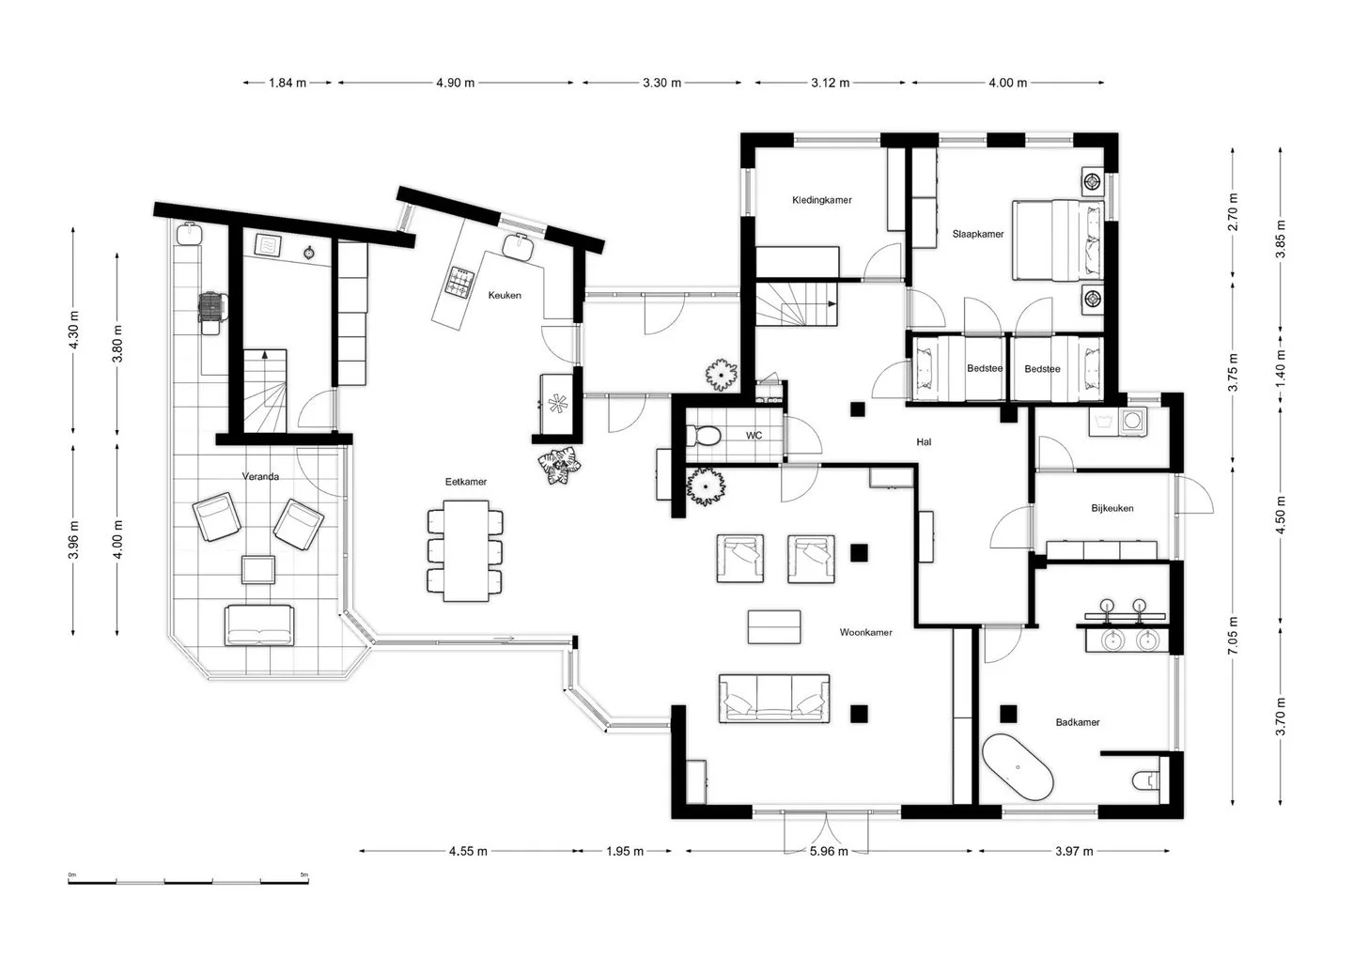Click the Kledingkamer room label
click(821, 200)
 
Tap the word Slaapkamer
click(978, 234)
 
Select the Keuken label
click(505, 295)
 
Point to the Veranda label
click(260, 476)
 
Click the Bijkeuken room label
click(1112, 508)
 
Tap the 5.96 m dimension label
click(829, 851)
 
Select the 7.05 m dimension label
click(1233, 635)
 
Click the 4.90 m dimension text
click(456, 83)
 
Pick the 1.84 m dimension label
click(288, 83)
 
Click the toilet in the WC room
click(703, 435)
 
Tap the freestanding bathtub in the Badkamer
click(1019, 767)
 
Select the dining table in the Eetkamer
click(466, 550)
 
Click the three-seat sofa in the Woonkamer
click(774, 699)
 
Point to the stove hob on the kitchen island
click(459, 283)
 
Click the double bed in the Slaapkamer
click(1058, 240)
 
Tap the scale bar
click(189, 882)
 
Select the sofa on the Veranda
click(259, 625)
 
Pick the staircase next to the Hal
click(797, 303)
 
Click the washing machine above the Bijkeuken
click(1133, 420)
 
